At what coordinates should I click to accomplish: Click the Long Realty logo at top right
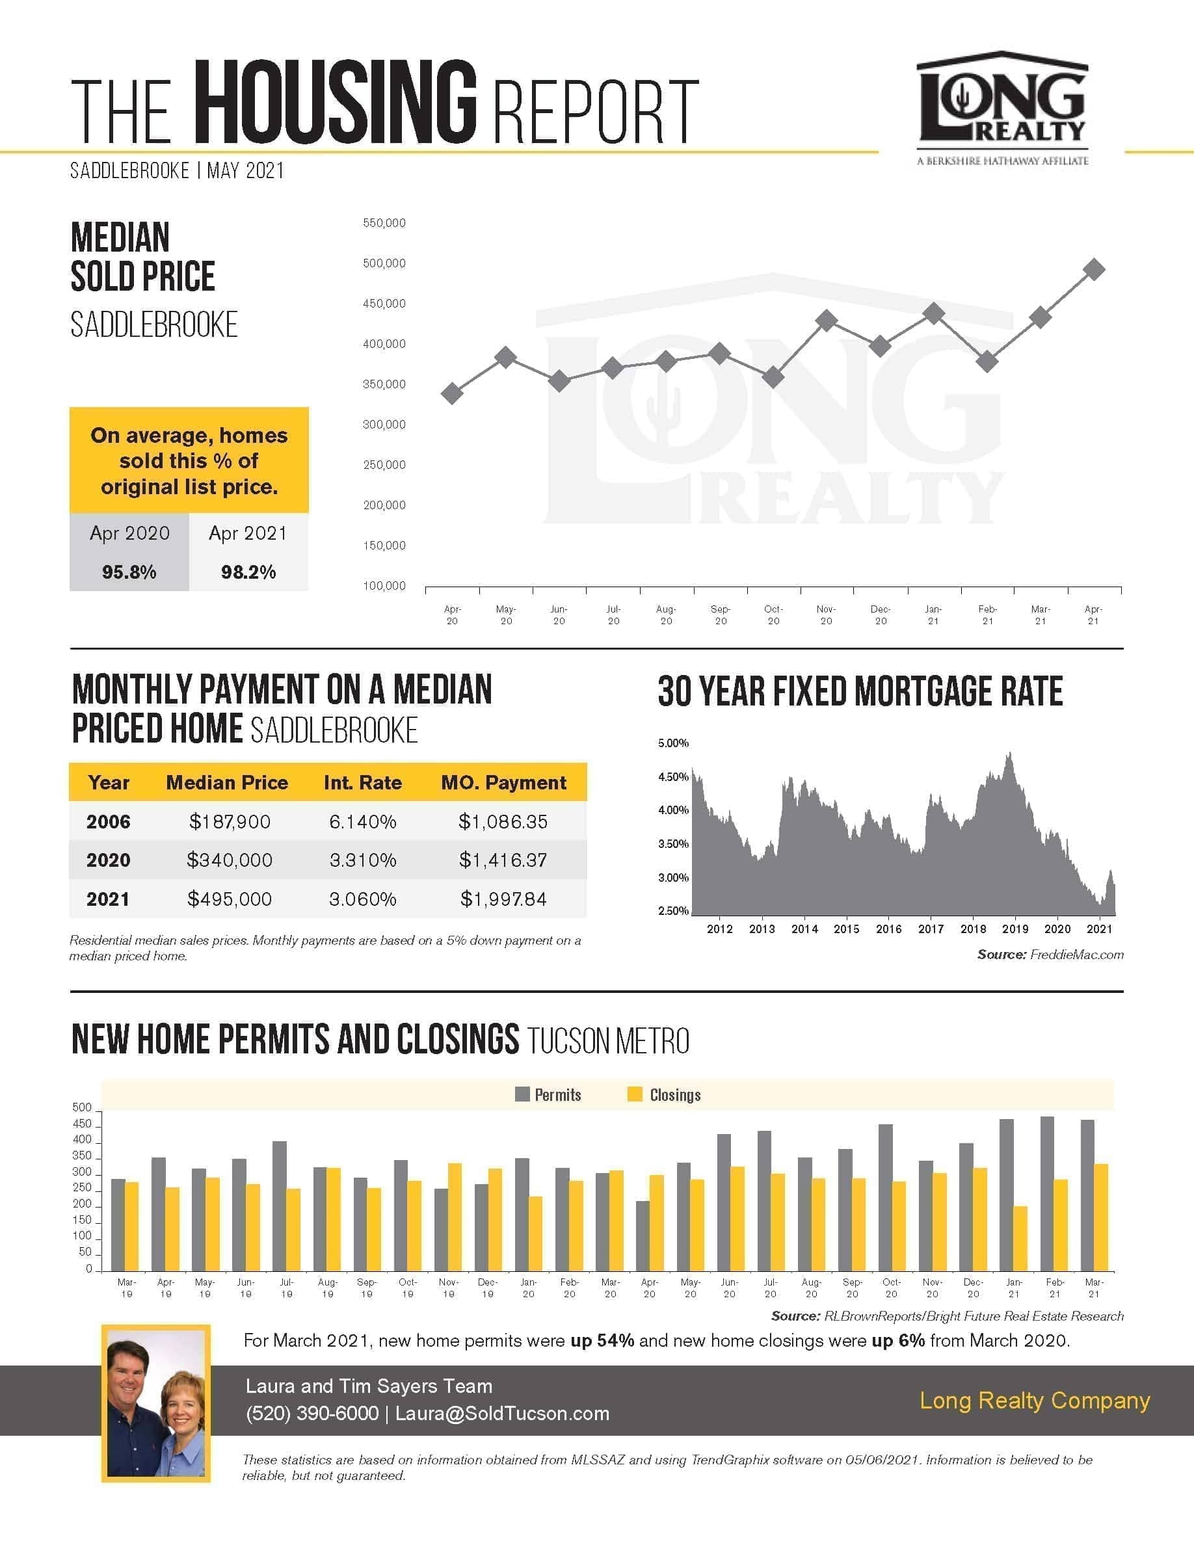pyautogui.click(x=1002, y=108)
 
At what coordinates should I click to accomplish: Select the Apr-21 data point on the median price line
pyautogui.click(x=1094, y=269)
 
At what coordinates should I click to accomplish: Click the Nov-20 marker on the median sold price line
pyautogui.click(x=826, y=321)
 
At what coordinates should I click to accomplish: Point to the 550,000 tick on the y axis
pyautogui.click(x=384, y=223)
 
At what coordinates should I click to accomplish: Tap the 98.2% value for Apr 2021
pyautogui.click(x=248, y=572)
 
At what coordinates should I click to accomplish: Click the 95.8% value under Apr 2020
pyautogui.click(x=129, y=572)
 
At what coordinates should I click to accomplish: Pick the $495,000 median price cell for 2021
pyautogui.click(x=229, y=899)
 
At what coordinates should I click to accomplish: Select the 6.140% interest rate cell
pyautogui.click(x=363, y=821)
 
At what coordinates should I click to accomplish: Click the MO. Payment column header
pyautogui.click(x=503, y=782)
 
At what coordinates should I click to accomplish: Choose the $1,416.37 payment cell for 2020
pyautogui.click(x=503, y=860)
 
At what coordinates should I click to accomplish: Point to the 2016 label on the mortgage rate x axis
pyautogui.click(x=888, y=929)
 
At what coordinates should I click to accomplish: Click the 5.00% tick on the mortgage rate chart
pyautogui.click(x=673, y=743)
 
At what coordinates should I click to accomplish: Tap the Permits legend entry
pyautogui.click(x=548, y=1094)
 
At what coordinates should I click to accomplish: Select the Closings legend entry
pyautogui.click(x=664, y=1094)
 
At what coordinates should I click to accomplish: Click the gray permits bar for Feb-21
pyautogui.click(x=1047, y=1193)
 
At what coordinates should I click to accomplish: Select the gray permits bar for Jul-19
pyautogui.click(x=280, y=1206)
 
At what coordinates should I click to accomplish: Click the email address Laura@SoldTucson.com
pyautogui.click(x=502, y=1413)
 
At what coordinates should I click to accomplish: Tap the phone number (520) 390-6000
pyautogui.click(x=312, y=1413)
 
